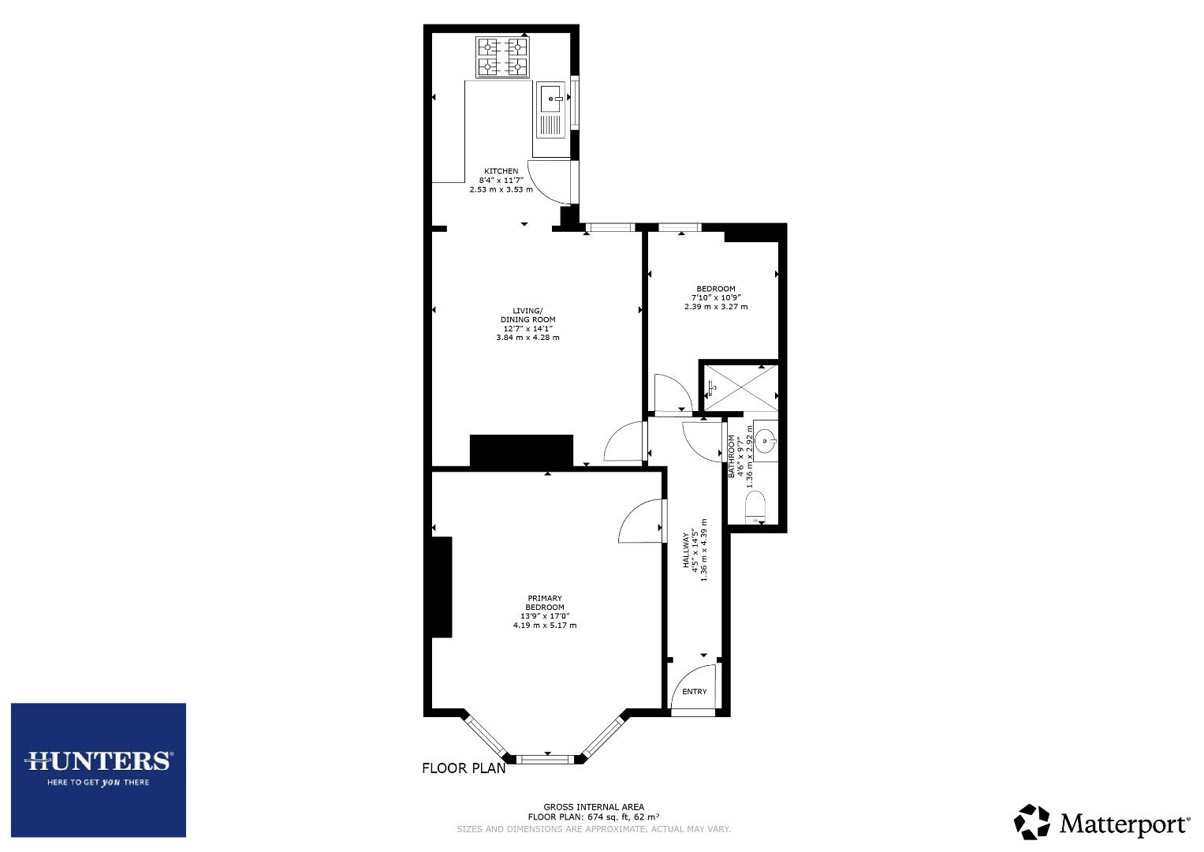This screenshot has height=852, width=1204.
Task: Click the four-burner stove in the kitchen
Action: pos(502,58)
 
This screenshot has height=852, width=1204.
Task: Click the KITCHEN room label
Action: pos(501,171)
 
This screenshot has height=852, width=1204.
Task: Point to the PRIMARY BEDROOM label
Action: pos(544,603)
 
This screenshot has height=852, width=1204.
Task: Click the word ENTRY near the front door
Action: pos(694,692)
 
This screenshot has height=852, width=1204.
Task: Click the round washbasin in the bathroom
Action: pos(765,440)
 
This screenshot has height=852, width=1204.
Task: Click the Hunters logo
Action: pos(99,769)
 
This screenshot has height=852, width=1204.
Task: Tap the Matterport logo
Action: pos(1101,822)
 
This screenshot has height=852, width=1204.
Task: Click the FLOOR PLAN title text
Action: pos(464,768)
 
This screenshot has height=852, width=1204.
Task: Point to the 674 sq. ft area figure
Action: pos(609,817)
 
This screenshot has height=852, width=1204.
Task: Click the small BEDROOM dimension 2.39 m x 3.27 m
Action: pos(716,307)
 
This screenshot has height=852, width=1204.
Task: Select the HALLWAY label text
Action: pos(686,551)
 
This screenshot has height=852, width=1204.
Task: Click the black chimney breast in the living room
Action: pos(521,450)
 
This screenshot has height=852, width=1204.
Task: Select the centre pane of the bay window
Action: pos(547,760)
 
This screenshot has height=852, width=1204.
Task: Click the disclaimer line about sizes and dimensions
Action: pos(593,829)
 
